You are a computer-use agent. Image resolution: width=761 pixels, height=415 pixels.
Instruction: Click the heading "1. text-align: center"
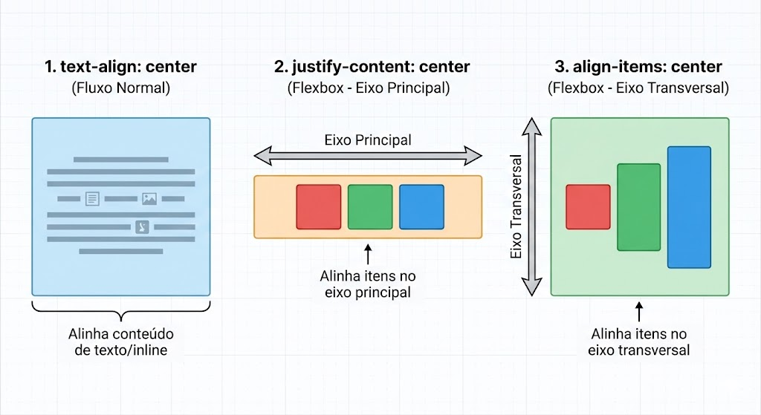[x=120, y=67]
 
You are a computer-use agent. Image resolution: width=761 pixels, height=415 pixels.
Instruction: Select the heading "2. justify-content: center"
[x=372, y=67]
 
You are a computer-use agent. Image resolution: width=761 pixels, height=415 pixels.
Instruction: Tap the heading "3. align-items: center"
[x=638, y=67]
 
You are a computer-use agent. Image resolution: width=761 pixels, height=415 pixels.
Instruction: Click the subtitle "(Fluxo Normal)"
[x=120, y=88]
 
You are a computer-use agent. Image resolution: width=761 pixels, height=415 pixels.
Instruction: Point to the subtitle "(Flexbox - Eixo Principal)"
[x=369, y=88]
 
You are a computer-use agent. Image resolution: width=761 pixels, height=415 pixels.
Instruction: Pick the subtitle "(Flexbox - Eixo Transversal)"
[x=638, y=88]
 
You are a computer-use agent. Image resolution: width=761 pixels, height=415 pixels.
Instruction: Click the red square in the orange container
[x=318, y=207]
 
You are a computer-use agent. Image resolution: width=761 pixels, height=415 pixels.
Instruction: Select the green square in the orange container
[x=370, y=207]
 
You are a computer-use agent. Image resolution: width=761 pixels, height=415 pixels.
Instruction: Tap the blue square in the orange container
[x=421, y=207]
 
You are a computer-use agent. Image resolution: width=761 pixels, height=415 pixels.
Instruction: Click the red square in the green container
[x=588, y=207]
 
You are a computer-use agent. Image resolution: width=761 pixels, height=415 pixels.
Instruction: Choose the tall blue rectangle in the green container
[x=689, y=207]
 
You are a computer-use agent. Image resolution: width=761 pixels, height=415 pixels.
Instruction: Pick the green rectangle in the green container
[x=638, y=207]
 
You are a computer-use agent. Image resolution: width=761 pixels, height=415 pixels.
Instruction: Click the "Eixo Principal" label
[x=368, y=140]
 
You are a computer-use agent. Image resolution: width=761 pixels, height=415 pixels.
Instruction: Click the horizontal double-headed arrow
[x=368, y=156]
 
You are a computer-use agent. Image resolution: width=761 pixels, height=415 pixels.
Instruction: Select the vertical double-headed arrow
[x=530, y=207]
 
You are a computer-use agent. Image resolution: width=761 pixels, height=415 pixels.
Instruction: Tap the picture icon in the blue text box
[x=149, y=199]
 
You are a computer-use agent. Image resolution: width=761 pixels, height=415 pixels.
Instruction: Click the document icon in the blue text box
[x=92, y=199]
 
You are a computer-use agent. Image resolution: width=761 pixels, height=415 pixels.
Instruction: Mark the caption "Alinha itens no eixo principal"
[x=368, y=284]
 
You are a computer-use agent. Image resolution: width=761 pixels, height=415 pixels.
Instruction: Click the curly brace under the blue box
[x=121, y=308]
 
